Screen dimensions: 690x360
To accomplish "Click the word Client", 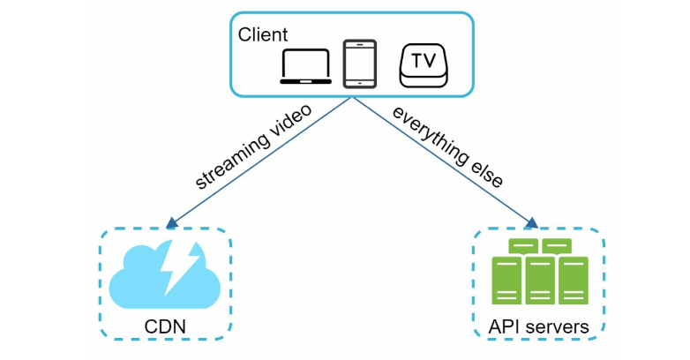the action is click(263, 34).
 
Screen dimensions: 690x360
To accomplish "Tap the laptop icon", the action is click(306, 66).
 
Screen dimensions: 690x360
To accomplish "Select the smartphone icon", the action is click(360, 64).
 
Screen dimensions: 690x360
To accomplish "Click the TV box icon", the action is click(424, 65).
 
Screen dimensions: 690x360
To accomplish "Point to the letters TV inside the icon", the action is click(424, 61).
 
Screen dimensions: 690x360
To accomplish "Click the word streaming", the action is click(233, 161).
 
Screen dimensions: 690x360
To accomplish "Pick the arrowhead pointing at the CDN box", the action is click(172, 222).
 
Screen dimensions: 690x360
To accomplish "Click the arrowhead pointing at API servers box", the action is click(531, 222).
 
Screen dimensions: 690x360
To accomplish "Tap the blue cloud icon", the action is click(165, 275).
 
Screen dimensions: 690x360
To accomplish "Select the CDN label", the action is click(165, 326).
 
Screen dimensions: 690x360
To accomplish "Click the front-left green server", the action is click(506, 281).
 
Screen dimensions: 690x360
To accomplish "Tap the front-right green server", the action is click(574, 281).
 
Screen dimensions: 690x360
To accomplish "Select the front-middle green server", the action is click(540, 281).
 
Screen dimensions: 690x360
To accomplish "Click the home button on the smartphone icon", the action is click(360, 83).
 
